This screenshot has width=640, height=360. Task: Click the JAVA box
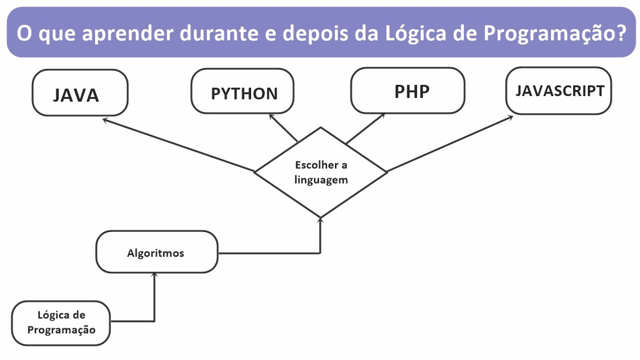80,93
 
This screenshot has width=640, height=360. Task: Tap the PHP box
407,90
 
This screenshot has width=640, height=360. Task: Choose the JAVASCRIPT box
558,91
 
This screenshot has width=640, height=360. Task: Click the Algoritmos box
156,252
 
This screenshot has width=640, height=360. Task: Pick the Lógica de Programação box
61,323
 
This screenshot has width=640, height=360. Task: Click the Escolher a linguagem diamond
320,172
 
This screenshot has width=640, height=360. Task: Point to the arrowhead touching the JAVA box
105,120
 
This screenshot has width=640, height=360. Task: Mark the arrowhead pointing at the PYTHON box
272,116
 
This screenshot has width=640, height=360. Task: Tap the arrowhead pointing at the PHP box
382,115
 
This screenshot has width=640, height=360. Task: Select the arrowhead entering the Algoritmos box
154,275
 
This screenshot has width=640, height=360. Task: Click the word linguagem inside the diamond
320,179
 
